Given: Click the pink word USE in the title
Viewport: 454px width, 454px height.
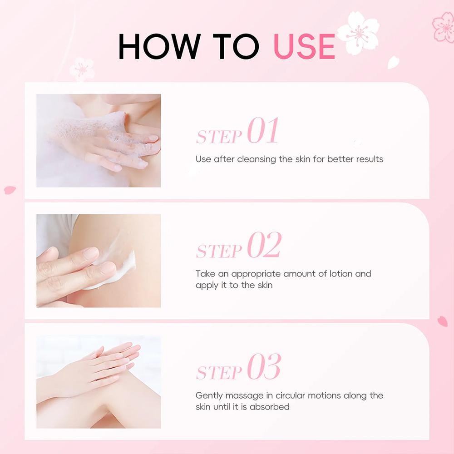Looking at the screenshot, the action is [304, 46].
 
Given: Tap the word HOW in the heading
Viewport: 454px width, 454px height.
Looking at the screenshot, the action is [159, 46].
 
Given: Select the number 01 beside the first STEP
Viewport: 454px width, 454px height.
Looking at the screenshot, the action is [263, 130].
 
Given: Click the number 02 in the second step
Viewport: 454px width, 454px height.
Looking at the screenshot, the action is [264, 245].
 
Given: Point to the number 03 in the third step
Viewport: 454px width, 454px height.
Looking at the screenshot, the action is [264, 366].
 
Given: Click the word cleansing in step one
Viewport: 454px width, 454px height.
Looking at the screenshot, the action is [256, 159].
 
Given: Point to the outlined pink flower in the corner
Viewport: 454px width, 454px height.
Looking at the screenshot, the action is [444, 28].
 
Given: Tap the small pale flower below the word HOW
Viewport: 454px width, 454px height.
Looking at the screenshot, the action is [82, 69].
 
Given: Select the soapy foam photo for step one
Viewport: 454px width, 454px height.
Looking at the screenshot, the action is [99, 140].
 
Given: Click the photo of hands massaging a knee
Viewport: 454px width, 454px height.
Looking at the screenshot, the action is [99, 382].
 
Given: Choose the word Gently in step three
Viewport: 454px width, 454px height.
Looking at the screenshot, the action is [209, 396].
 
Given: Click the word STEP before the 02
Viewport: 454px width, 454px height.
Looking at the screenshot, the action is [219, 251].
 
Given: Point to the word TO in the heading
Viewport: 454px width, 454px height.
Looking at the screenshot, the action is [236, 46].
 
